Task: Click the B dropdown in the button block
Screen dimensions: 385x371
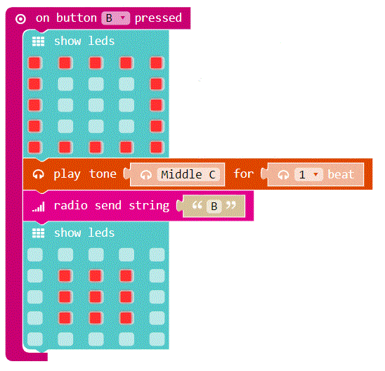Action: pos(115,18)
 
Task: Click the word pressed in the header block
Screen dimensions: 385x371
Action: pos(158,18)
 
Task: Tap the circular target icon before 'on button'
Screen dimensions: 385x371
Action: pos(20,19)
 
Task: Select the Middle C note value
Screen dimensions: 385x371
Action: pos(188,174)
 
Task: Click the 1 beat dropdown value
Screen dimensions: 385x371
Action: pos(308,174)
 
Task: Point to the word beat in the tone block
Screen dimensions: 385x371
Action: pos(341,174)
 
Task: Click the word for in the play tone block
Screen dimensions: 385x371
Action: pos(244,174)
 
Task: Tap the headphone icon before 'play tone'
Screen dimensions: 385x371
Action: pos(39,174)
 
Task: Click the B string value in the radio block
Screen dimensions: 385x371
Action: pos(214,207)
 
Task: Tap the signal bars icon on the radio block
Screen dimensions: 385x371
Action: pos(39,207)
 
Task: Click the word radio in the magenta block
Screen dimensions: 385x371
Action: pos(71,205)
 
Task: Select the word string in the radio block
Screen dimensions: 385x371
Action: pos(149,206)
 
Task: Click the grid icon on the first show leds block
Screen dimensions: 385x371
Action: pos(39,41)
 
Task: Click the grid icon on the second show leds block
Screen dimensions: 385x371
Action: pos(39,233)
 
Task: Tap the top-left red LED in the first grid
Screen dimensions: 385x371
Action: pos(34,63)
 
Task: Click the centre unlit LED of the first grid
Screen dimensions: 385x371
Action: pos(96,105)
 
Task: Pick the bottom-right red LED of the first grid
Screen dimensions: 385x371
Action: pos(157,148)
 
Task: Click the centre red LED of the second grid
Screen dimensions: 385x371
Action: pos(96,297)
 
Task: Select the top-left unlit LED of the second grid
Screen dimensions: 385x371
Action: pos(35,254)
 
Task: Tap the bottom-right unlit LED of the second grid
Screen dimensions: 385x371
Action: pos(157,339)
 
